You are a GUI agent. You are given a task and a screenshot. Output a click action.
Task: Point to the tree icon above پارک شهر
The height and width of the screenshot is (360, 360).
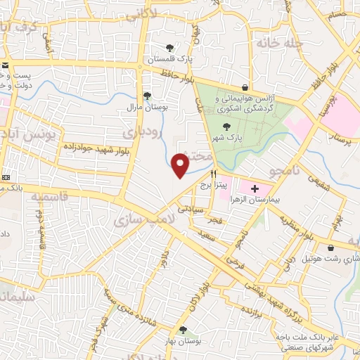[225, 126]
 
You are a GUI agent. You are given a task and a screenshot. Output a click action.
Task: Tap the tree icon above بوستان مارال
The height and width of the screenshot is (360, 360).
[146, 96]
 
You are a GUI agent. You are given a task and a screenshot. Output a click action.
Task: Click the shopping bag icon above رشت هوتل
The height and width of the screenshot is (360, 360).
[330, 247]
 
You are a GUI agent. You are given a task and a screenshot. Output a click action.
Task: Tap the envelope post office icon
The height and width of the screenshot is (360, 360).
[6, 65]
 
